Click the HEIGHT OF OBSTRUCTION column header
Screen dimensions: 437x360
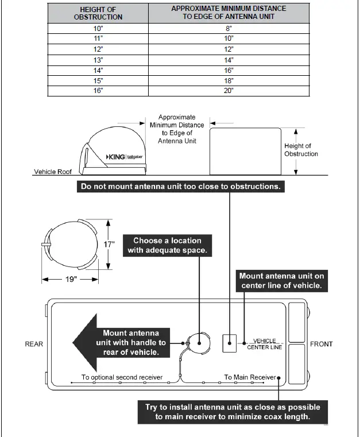[x=98, y=13]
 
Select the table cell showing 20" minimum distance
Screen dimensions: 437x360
[x=229, y=91]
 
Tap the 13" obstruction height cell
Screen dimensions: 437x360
[x=98, y=60]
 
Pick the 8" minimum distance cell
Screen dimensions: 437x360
[x=229, y=28]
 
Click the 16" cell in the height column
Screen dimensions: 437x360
[x=98, y=91]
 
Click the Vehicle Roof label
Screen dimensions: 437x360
[x=53, y=172]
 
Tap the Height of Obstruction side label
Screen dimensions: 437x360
[x=301, y=150]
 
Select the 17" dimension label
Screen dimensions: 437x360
[x=110, y=244]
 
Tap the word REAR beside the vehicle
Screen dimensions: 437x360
[x=34, y=345]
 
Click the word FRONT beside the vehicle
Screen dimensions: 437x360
[x=322, y=345]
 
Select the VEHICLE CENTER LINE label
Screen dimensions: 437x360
[x=265, y=344]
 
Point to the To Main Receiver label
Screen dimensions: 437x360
[x=249, y=377]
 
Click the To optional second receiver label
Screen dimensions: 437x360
[x=122, y=377]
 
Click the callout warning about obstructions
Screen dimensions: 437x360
[x=180, y=187]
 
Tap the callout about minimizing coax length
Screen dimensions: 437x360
[x=233, y=412]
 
